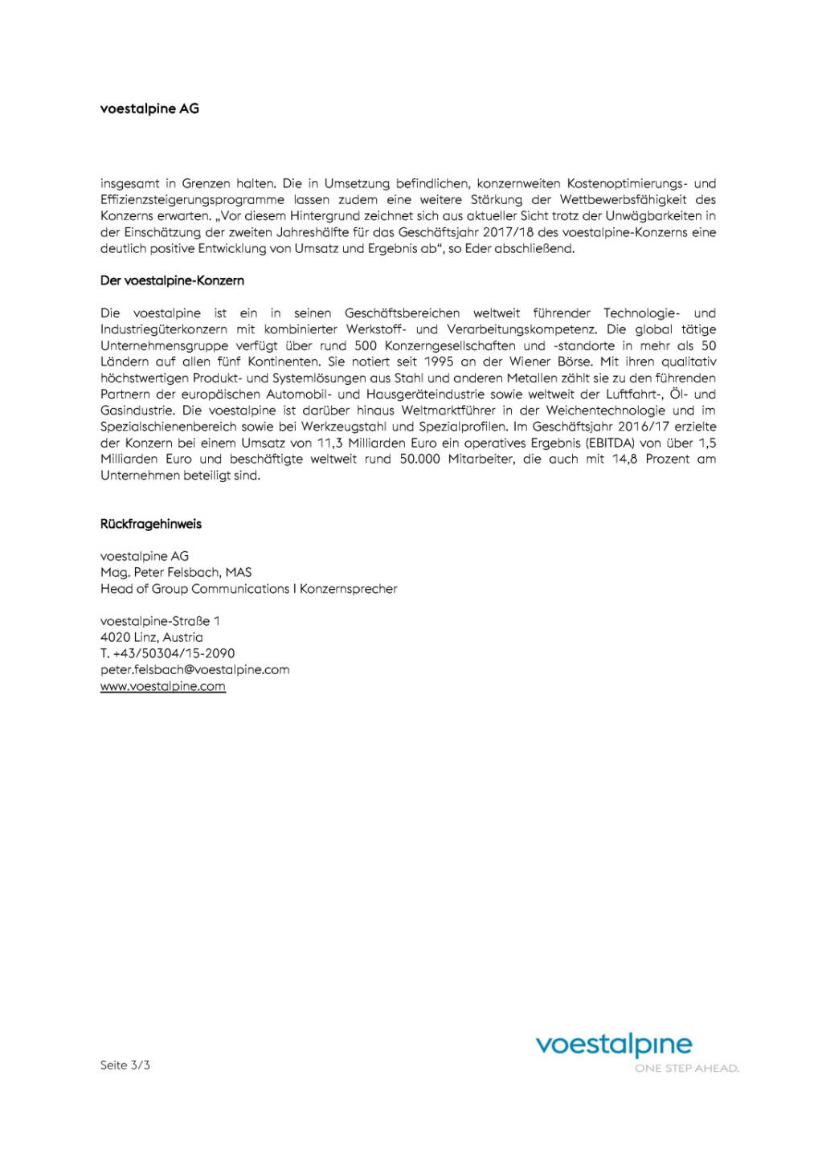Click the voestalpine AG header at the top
coord(149,108)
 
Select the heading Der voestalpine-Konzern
coord(172,280)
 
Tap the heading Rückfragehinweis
coord(151,524)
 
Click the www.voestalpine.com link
coord(163,686)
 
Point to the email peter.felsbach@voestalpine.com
coord(194,669)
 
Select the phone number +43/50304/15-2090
coord(174,653)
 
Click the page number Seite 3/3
coord(125,1065)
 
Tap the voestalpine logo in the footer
coord(613,1045)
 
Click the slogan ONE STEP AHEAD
coord(686,1069)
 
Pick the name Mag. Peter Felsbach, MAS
coord(176,572)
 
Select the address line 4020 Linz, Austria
coord(152,637)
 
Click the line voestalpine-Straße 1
coord(160,621)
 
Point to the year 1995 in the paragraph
coord(439,362)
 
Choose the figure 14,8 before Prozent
coord(624,459)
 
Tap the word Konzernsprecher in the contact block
coord(349,589)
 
